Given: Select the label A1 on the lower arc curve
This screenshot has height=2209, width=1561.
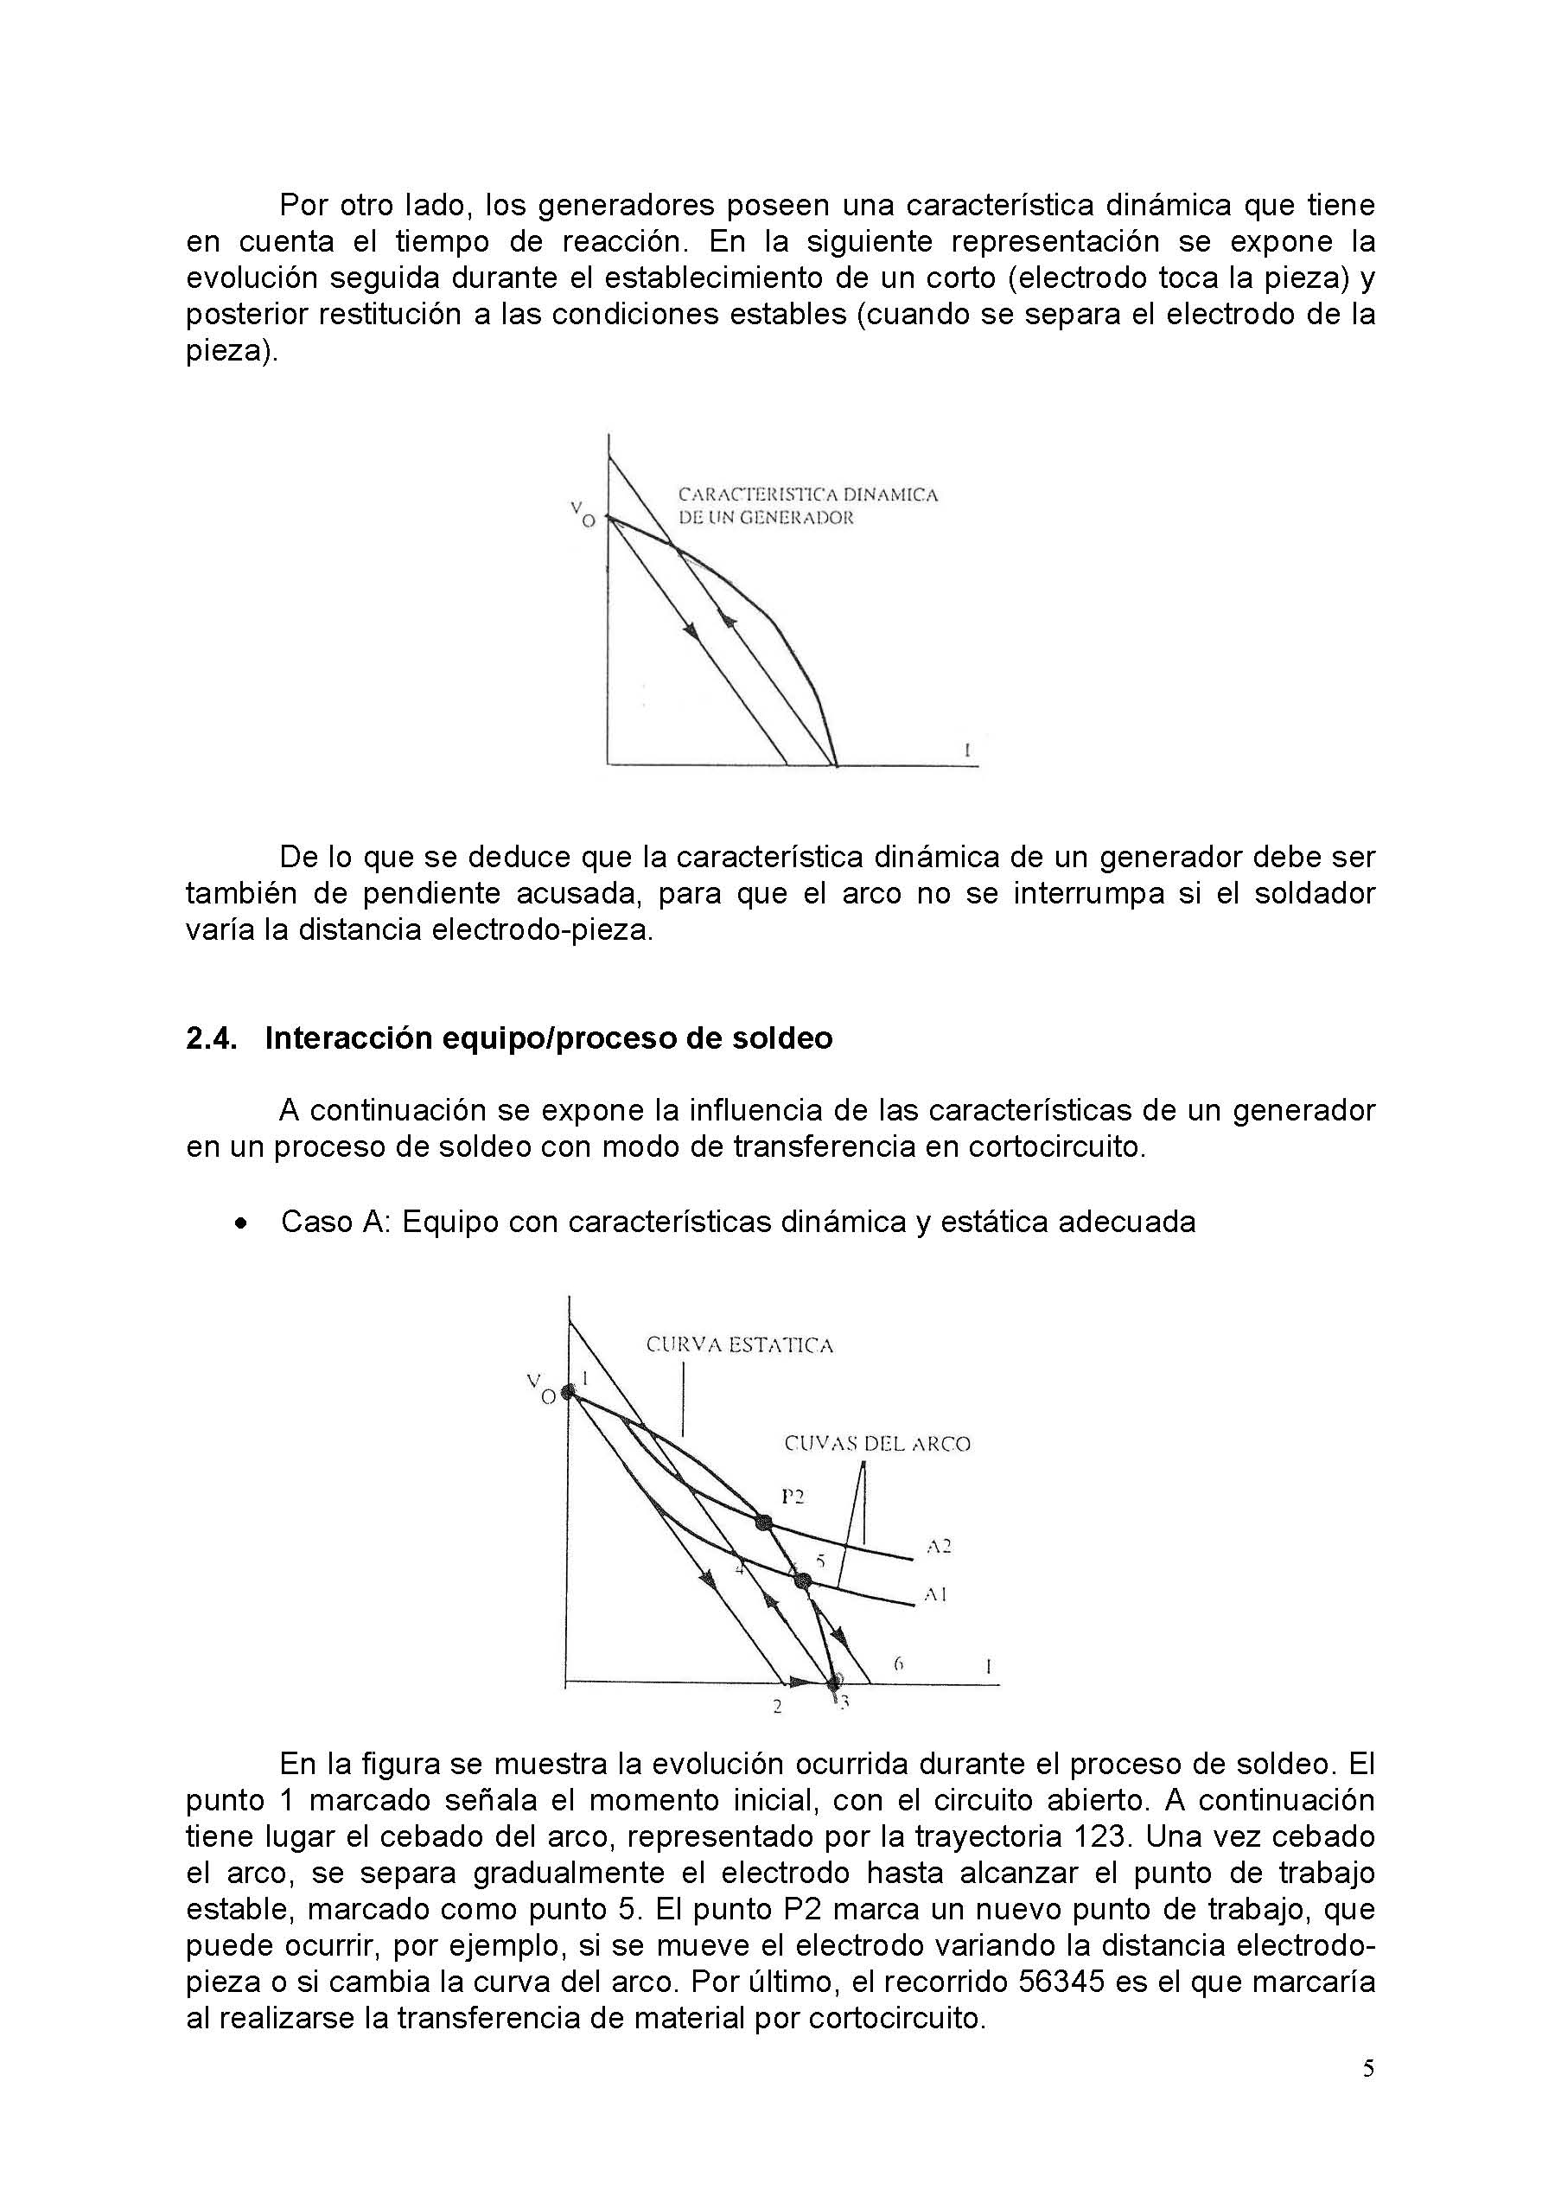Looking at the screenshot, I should (x=936, y=1594).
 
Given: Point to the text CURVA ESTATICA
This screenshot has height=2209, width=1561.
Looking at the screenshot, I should (x=739, y=1345).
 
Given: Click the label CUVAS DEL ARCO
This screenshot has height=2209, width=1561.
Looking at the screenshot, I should (x=877, y=1444).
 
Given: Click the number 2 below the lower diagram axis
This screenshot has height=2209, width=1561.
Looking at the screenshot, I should (x=777, y=1707).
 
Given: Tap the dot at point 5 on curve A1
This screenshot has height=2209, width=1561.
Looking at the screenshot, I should (x=804, y=1580).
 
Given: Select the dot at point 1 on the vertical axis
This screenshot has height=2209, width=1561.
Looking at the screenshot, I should (x=569, y=1391).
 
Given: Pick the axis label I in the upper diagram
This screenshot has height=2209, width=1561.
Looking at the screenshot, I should (x=966, y=748).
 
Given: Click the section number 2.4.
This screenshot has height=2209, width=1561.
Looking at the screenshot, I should (x=211, y=1039).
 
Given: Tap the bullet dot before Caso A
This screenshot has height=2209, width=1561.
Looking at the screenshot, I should (x=241, y=1223).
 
